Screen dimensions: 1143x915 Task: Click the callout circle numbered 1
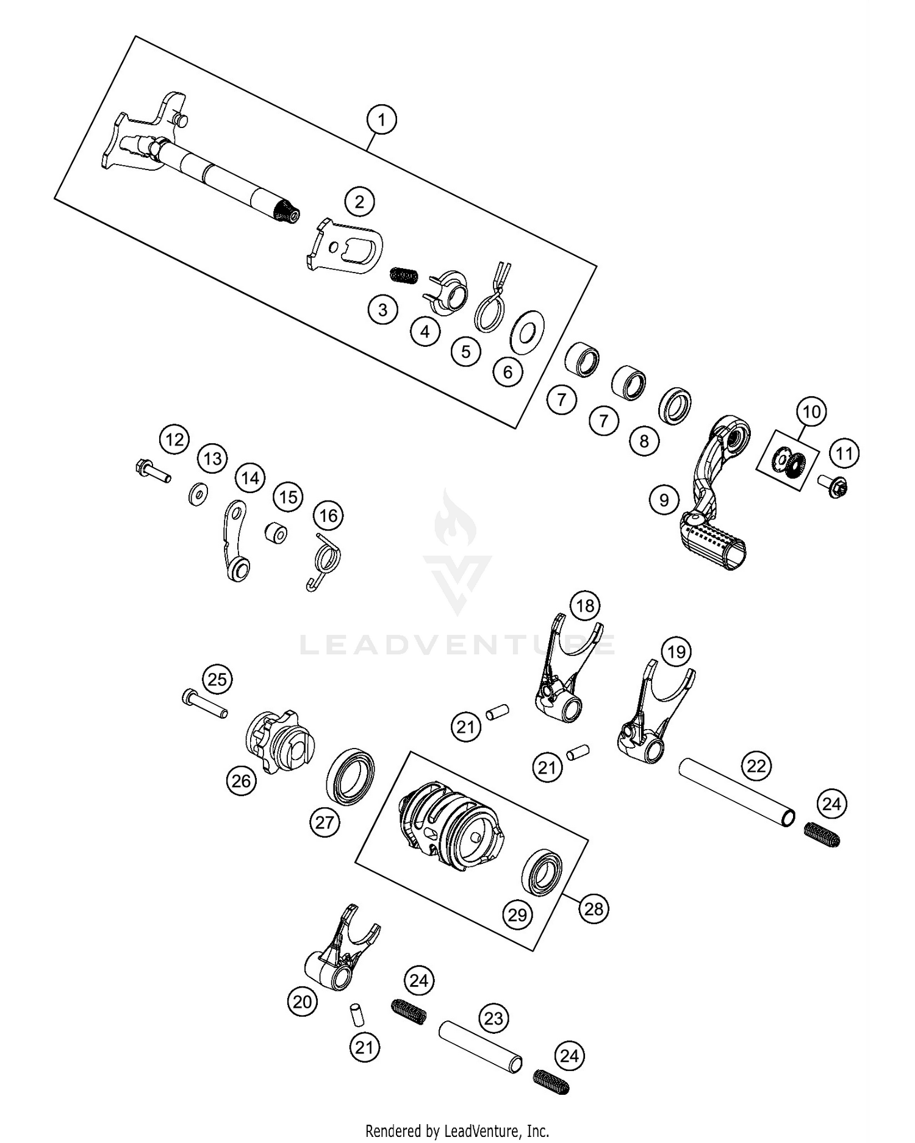pyautogui.click(x=382, y=120)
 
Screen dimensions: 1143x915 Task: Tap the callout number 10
pyautogui.click(x=811, y=412)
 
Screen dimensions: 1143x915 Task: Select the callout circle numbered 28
pyautogui.click(x=594, y=909)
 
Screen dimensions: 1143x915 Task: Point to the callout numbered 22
pyautogui.click(x=756, y=766)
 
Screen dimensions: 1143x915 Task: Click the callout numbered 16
pyautogui.click(x=328, y=516)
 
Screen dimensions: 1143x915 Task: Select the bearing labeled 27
pyautogui.click(x=351, y=778)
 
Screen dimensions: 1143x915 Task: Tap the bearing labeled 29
pyautogui.click(x=542, y=872)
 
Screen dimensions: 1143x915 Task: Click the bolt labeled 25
pyautogui.click(x=204, y=704)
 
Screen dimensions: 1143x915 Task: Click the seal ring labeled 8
pyautogui.click(x=675, y=404)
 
